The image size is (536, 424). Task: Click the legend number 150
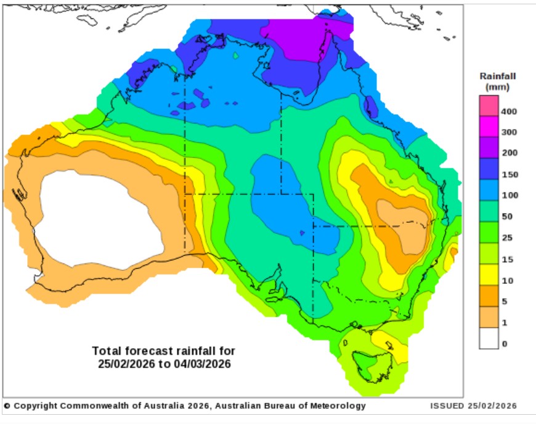(510, 175)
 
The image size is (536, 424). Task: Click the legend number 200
(510, 153)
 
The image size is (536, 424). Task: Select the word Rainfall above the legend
(498, 77)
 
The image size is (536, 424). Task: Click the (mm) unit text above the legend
(497, 87)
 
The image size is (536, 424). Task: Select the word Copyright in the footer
(36, 406)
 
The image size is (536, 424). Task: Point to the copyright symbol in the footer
(7, 406)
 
